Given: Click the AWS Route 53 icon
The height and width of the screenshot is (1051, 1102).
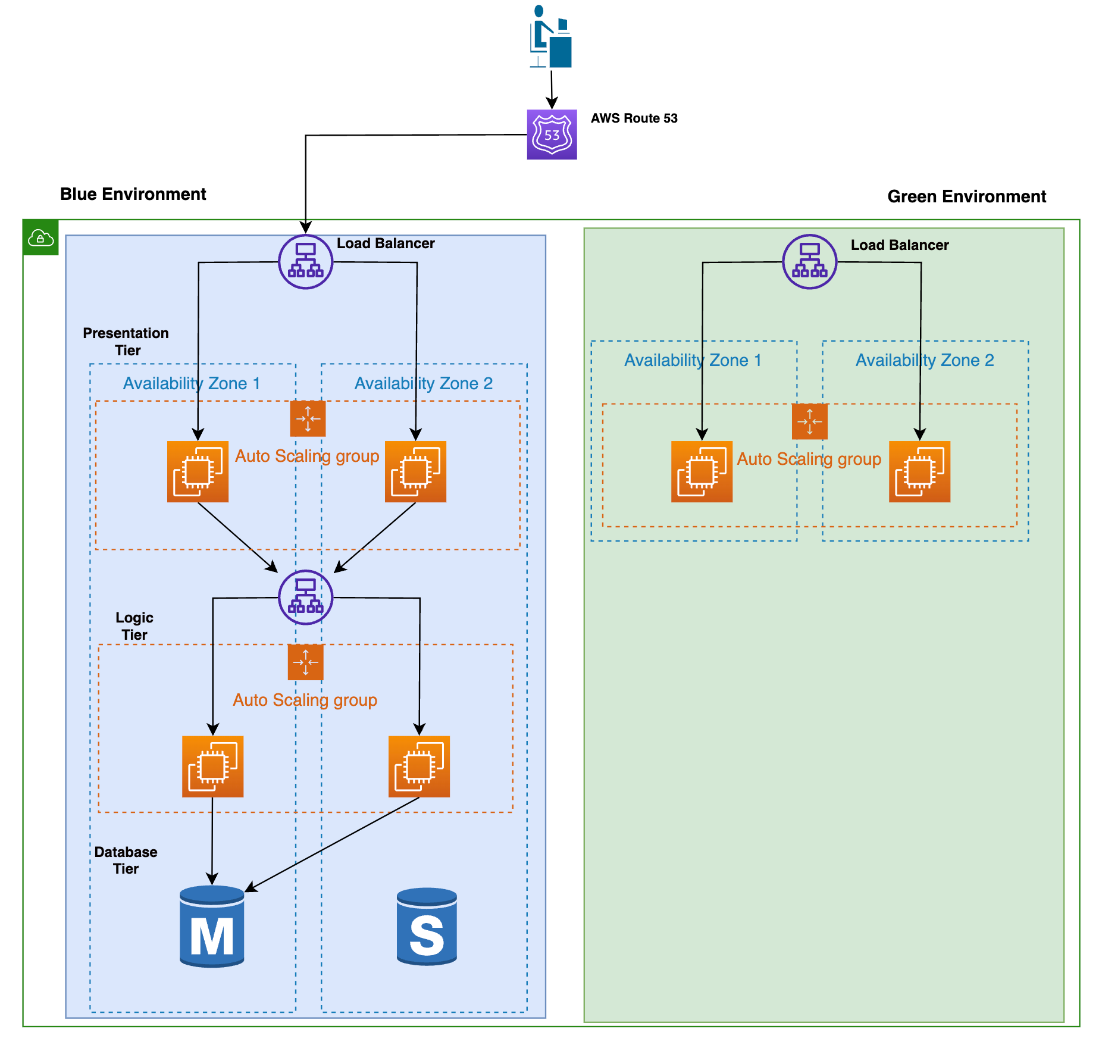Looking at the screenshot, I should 552,134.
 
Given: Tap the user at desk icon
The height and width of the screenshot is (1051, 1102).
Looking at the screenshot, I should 550,37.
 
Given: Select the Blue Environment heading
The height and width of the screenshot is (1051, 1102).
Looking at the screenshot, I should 133,194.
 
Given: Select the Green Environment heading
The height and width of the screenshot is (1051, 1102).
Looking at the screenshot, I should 966,196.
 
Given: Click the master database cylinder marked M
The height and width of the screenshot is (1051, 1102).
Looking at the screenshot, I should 212,926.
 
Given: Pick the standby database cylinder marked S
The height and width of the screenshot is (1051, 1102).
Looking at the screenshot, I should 427,926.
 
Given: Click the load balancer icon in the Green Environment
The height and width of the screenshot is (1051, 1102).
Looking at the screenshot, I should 809,262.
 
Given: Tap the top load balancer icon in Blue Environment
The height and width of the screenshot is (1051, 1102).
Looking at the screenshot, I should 305,262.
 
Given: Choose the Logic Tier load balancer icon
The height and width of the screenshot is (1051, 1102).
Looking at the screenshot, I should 305,597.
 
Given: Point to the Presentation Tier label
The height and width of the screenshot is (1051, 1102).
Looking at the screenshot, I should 126,342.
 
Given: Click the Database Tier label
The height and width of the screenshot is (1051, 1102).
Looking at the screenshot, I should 126,860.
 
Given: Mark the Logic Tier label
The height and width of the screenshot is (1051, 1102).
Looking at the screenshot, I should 134,626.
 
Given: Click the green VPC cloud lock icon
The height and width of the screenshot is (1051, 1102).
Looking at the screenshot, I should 40,238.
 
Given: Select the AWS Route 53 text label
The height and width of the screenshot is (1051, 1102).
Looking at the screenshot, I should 634,118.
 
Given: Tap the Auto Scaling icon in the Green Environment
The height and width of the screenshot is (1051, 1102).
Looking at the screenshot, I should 809,421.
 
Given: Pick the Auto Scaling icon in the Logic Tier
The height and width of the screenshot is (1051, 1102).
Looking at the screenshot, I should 305,662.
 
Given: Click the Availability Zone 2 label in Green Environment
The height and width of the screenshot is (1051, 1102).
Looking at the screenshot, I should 925,360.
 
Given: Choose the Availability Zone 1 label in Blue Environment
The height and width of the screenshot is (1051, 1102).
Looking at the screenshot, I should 192,383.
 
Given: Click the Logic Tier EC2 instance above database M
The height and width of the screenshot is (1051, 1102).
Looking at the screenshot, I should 212,767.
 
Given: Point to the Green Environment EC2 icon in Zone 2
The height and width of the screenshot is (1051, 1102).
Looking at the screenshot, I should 919,471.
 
